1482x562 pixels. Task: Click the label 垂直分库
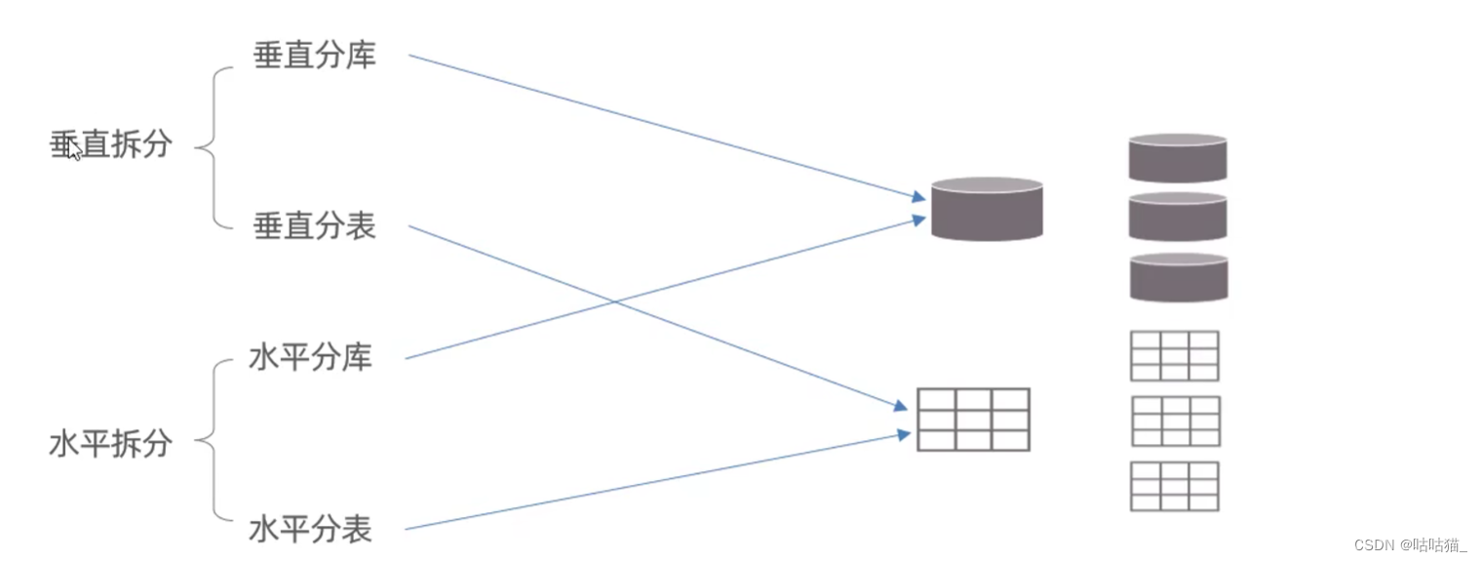[x=314, y=56]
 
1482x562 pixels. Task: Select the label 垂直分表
[x=314, y=226]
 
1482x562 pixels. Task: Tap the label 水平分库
[x=311, y=358]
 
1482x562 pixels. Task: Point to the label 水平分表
[x=311, y=530]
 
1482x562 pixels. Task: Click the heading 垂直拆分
[x=111, y=144]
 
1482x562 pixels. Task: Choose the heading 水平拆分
[x=111, y=444]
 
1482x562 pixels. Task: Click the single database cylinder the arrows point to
[x=987, y=209]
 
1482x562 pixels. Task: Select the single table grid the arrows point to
[x=973, y=420]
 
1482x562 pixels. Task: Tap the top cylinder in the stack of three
[x=1177, y=158]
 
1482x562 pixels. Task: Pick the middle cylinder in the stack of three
[x=1177, y=217]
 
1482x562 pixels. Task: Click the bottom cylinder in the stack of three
[x=1178, y=277]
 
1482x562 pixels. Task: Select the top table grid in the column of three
[x=1174, y=356]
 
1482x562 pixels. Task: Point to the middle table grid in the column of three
[x=1175, y=421]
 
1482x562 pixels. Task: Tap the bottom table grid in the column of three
[x=1175, y=486]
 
